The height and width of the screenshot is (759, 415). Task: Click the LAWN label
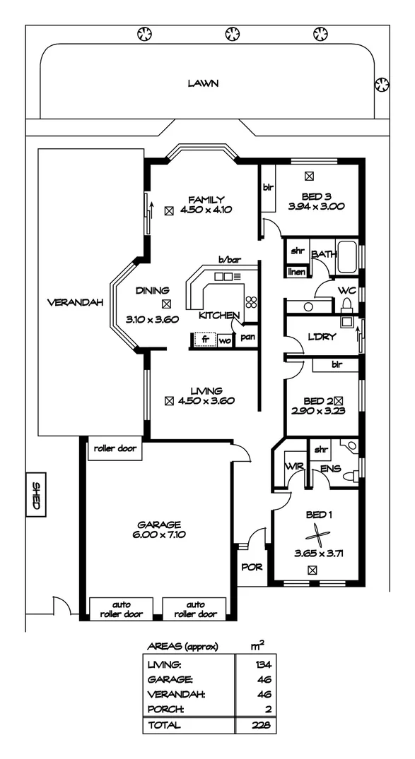point(203,83)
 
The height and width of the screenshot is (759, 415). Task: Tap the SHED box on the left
point(35,497)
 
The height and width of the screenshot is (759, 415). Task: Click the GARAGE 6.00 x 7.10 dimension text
point(160,534)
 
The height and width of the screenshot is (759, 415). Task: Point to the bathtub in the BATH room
point(347,257)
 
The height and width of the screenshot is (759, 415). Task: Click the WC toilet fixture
point(346,304)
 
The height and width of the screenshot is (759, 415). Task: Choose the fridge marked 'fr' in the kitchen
point(205,340)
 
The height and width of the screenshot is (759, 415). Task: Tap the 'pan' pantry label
point(247,338)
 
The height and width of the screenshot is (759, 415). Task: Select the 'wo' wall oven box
point(225,340)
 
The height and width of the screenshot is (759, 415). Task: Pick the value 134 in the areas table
point(264,664)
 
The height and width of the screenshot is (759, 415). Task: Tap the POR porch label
point(249,566)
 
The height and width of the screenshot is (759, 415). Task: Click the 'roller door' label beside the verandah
point(115,448)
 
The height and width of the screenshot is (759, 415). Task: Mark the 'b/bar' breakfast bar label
point(230,259)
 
